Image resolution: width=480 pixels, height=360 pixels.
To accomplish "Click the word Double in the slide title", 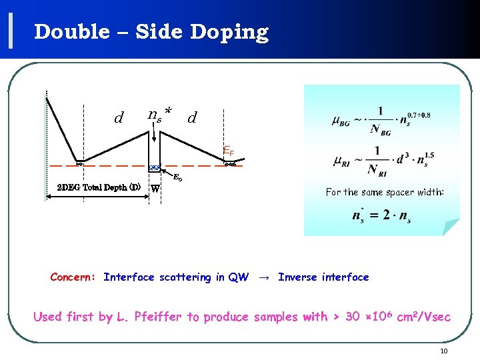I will [x=71, y=32].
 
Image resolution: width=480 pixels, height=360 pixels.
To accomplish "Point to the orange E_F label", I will [x=228, y=151].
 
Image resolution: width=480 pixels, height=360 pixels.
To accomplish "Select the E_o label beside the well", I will [x=178, y=178].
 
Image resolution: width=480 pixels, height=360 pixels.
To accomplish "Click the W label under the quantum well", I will [x=155, y=188].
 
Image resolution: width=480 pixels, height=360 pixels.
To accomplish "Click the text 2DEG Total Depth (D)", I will [x=98, y=187].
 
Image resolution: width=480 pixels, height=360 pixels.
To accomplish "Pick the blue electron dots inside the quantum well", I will [x=155, y=167].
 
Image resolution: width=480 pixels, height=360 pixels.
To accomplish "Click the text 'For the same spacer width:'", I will [x=385, y=192].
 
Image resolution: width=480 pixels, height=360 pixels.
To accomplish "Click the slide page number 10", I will [x=444, y=351].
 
